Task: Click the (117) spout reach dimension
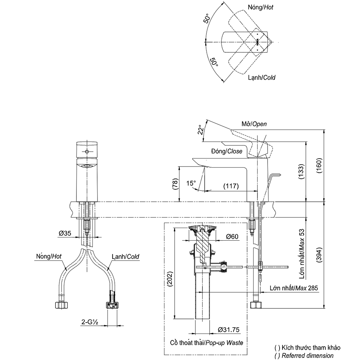[x=231, y=186]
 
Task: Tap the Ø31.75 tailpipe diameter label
[x=229, y=330]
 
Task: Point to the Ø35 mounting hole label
[x=66, y=233]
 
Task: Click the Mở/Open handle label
[x=254, y=124]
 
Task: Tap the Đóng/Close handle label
[x=226, y=151]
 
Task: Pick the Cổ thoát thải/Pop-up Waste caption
[x=206, y=343]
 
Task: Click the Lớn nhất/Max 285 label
[x=294, y=288]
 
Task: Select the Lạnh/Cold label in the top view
[x=262, y=77]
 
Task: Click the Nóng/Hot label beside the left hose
[x=48, y=256]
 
